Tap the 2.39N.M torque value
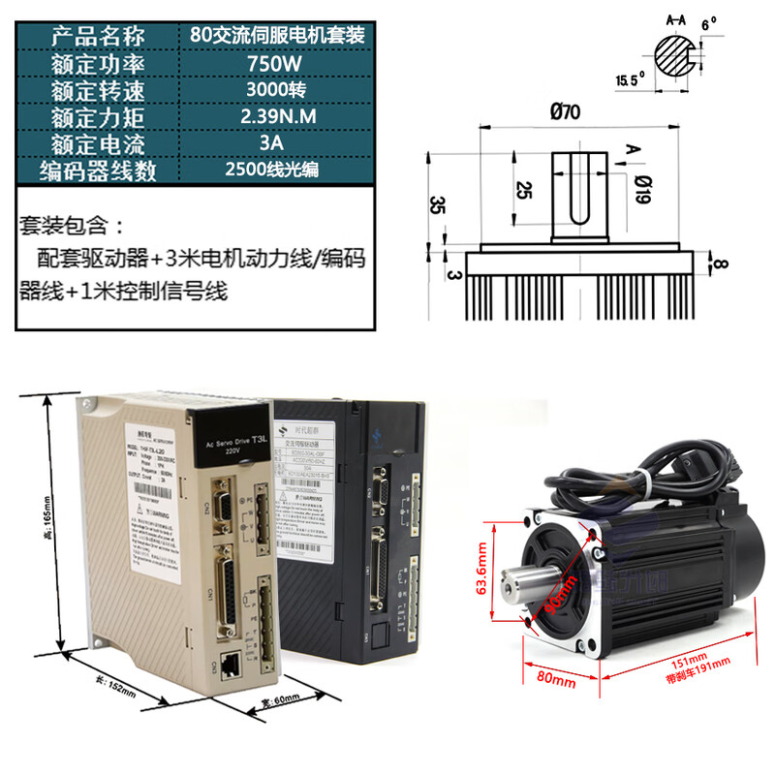[275, 117]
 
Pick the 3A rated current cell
[275, 143]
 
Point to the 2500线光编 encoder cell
[275, 170]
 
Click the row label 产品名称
[98, 37]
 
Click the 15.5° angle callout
[629, 80]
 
